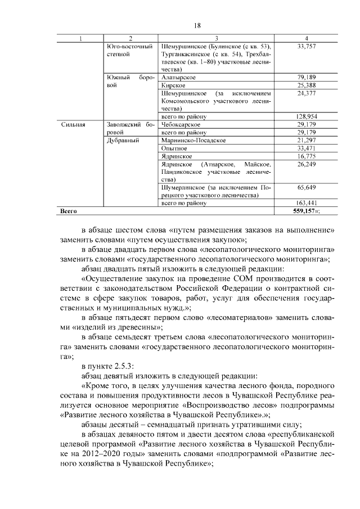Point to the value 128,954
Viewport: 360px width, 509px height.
(x=307, y=116)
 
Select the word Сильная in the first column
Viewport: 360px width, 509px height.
(x=73, y=124)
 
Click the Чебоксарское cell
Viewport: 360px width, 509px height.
(x=182, y=124)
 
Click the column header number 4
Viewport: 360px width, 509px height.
(x=306, y=38)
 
